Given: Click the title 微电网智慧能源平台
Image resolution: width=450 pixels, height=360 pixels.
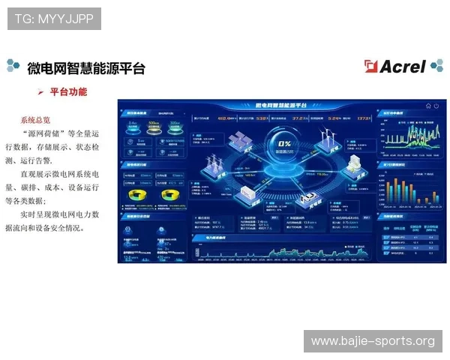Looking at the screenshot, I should [x=85, y=68].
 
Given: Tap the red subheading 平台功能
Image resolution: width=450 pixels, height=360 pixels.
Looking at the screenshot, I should [x=68, y=92].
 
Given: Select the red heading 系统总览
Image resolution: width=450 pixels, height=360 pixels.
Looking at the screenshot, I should [x=35, y=119].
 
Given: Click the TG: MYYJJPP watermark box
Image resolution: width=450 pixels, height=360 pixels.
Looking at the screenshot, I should [x=54, y=18].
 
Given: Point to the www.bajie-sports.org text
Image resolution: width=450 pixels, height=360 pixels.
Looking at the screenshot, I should [x=373, y=341].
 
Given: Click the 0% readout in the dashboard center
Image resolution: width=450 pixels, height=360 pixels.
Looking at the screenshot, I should [x=285, y=143].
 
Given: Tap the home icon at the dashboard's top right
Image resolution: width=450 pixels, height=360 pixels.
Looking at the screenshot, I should [x=428, y=106].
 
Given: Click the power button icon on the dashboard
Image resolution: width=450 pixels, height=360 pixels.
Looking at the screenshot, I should [x=437, y=106].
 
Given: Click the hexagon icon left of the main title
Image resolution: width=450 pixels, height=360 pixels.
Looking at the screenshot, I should [x=13, y=67].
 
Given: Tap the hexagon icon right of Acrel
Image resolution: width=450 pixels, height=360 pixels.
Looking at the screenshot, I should [x=436, y=67].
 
